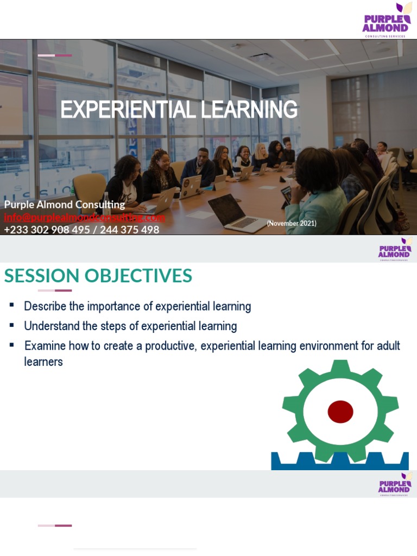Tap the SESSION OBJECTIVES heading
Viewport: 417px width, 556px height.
point(98,276)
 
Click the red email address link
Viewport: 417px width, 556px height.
point(84,217)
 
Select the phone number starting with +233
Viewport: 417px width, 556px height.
point(81,230)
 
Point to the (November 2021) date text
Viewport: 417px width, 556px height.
point(292,223)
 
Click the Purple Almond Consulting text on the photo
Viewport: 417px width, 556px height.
point(65,205)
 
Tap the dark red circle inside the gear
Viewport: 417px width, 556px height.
point(340,411)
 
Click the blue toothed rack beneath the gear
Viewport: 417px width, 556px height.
point(340,461)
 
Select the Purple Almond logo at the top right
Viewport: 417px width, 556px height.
point(386,21)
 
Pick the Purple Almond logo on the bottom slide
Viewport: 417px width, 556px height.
point(395,484)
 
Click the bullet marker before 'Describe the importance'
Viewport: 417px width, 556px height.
point(11,306)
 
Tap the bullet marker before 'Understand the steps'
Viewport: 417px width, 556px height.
point(11,326)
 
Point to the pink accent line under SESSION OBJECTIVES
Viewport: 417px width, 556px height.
point(55,290)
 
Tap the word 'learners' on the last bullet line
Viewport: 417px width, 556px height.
point(43,362)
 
